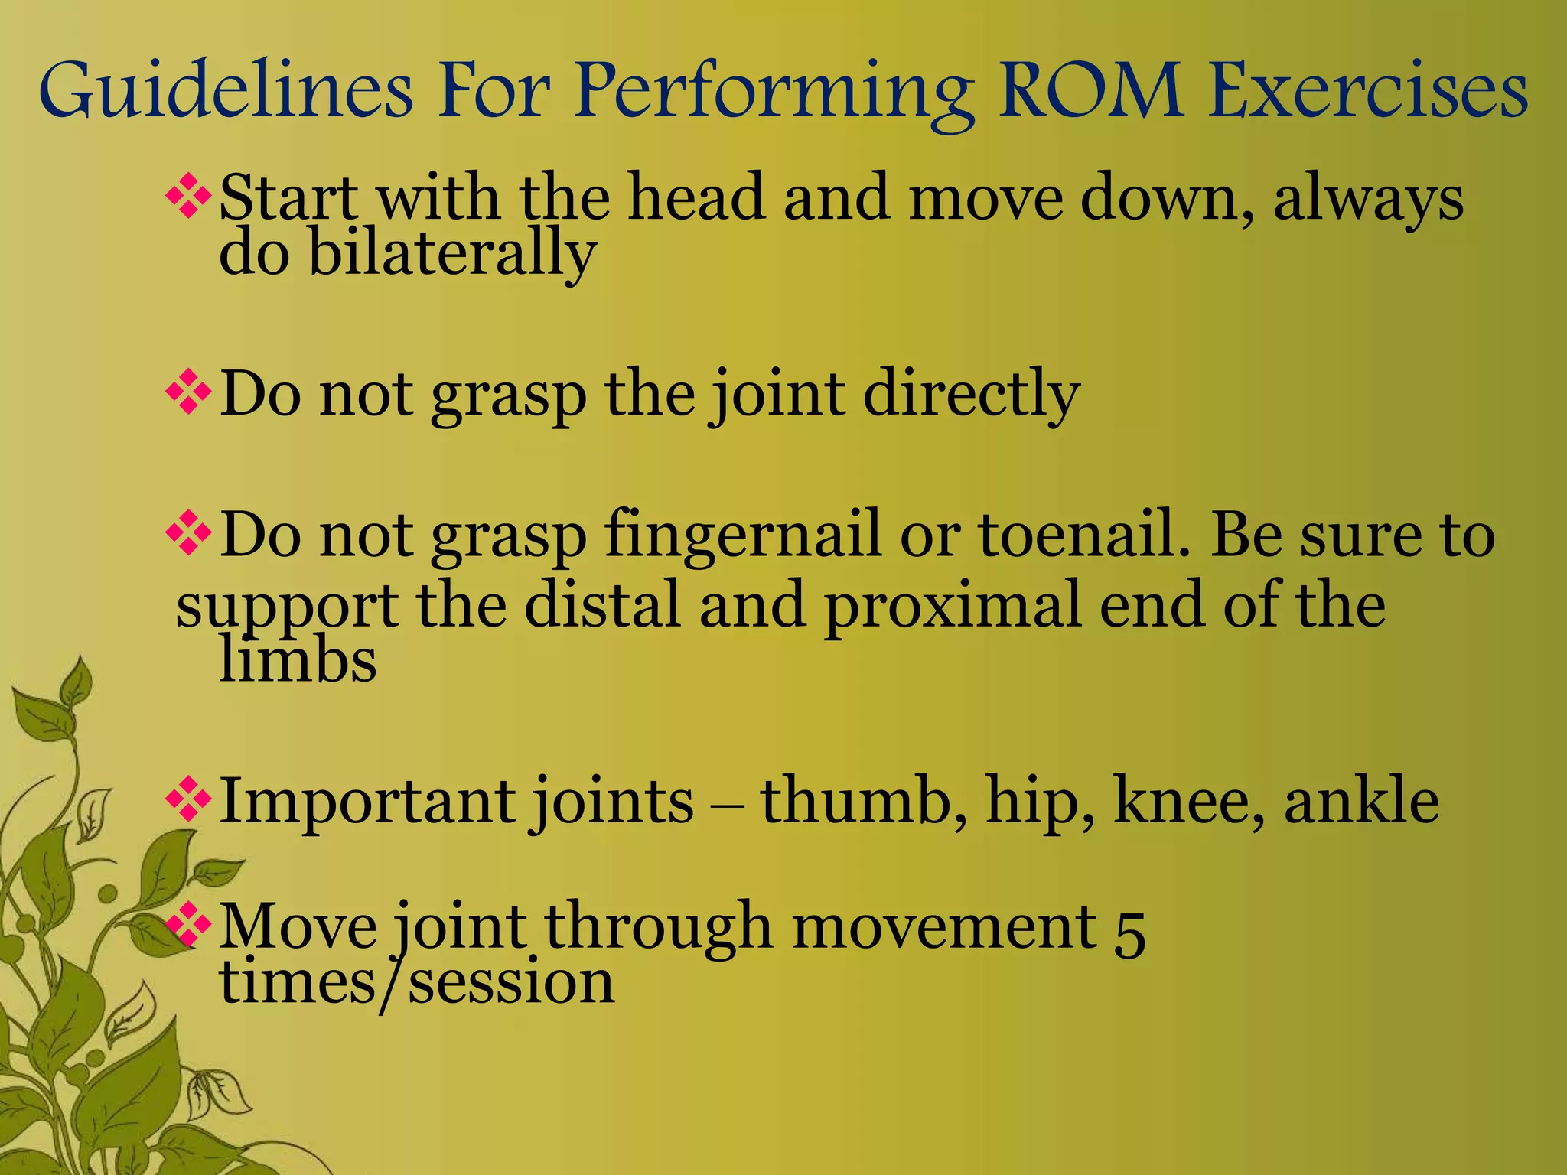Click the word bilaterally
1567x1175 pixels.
pyautogui.click(x=451, y=254)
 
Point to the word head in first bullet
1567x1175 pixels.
pyautogui.click(x=696, y=197)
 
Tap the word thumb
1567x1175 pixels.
pyautogui.click(x=864, y=800)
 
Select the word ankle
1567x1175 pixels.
pyautogui.click(x=1361, y=800)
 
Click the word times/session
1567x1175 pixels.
pyautogui.click(x=417, y=982)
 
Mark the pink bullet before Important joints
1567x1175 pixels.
pyautogui.click(x=188, y=800)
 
